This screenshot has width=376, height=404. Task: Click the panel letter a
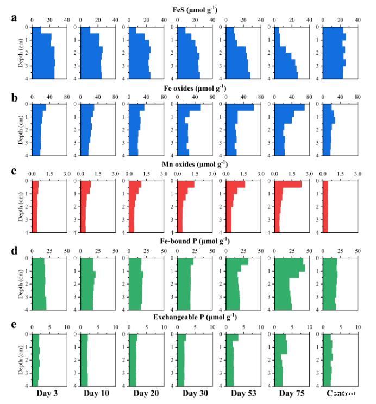pyautogui.click(x=15, y=17)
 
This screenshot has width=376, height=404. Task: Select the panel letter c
pyautogui.click(x=15, y=172)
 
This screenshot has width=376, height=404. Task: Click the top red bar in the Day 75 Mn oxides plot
pyautogui.click(x=288, y=185)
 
